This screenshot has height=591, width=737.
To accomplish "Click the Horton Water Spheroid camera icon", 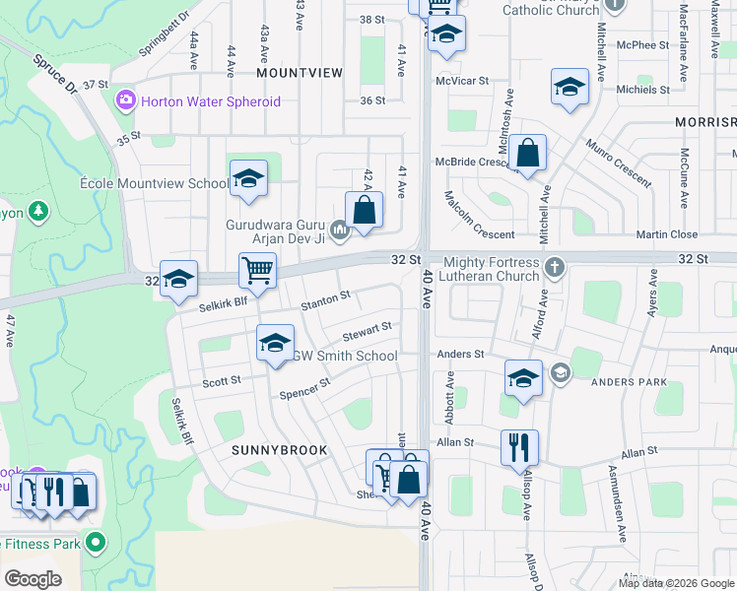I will click(125, 100).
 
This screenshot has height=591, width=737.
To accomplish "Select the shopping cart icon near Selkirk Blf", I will click(257, 269).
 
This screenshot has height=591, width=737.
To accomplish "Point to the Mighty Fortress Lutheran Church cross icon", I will click(556, 265).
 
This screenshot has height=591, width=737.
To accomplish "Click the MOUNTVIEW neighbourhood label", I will click(300, 73).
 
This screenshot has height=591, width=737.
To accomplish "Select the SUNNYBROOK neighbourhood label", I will click(272, 449).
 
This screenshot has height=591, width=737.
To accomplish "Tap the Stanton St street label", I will click(326, 298).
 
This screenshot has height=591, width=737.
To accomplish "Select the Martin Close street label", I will click(666, 234).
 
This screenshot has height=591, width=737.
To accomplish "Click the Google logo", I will click(33, 578).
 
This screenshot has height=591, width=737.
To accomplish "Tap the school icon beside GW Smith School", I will click(275, 342).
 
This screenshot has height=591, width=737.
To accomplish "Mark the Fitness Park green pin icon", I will click(96, 543).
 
